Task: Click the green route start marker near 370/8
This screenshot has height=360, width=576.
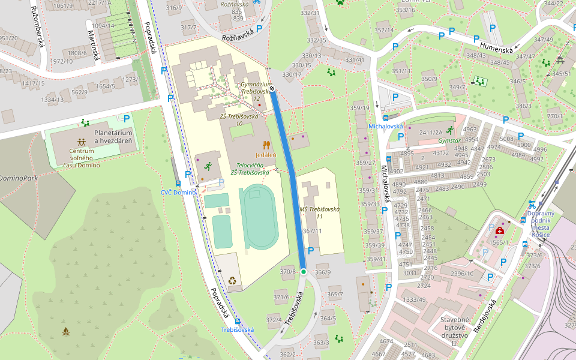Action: coord(304,272)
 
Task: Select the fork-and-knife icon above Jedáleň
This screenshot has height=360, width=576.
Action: coord(266,145)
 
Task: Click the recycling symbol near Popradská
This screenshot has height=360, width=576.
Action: coord(232,280)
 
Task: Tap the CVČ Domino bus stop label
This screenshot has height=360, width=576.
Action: coord(178,192)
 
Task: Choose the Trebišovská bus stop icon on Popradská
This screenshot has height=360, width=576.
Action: coord(238,322)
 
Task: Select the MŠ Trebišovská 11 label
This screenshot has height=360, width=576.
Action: coord(319,212)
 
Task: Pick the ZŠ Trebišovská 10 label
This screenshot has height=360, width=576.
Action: coord(239,120)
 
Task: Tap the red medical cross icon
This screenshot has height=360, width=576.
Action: coord(500,230)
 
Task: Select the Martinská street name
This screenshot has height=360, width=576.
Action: coord(93,46)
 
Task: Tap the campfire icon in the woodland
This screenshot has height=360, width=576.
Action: coord(65,331)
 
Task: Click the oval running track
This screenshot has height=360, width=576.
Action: coord(260,217)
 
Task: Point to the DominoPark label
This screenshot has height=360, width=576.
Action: coord(18,178)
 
